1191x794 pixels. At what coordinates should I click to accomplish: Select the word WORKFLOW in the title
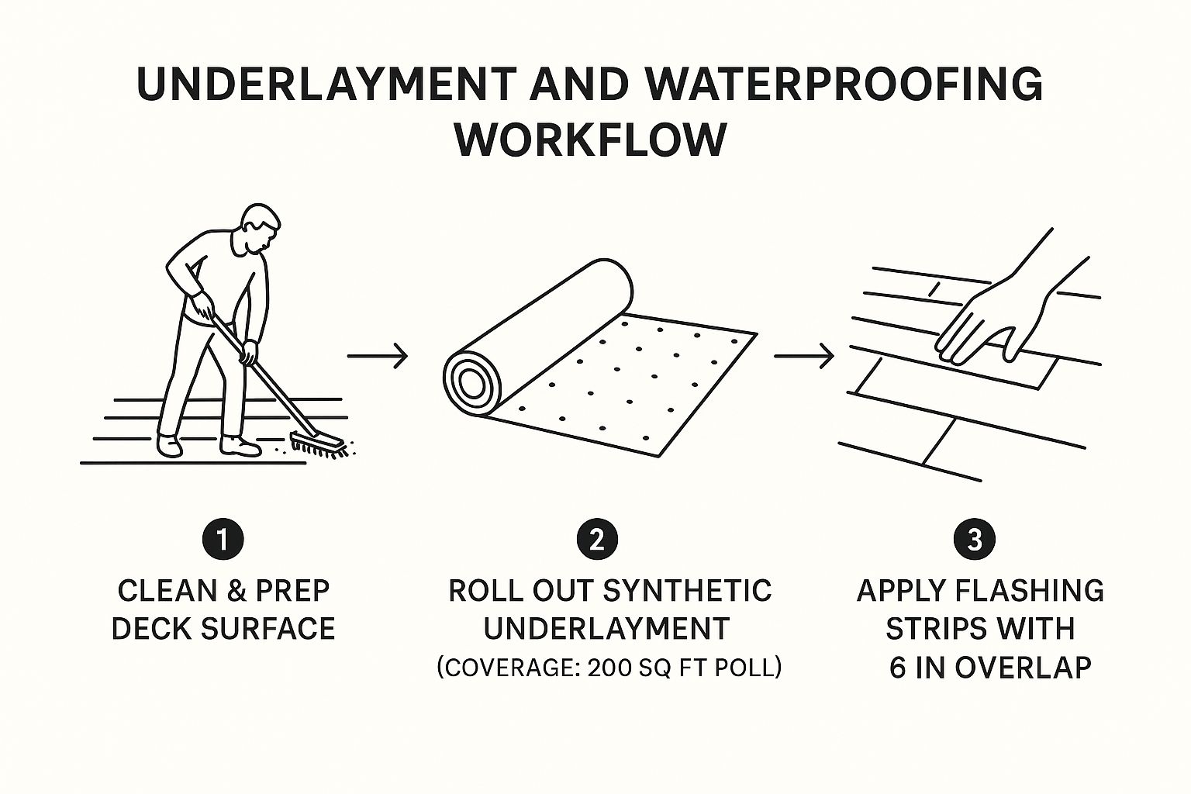(591, 140)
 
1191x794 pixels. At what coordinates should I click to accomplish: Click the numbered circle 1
(223, 539)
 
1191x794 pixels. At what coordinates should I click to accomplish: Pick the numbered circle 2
(597, 539)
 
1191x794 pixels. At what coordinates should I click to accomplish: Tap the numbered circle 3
(975, 539)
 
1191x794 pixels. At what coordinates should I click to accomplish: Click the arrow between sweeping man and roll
(378, 355)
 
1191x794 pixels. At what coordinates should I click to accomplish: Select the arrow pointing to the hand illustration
(804, 355)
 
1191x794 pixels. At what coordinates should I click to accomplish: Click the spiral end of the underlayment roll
(472, 382)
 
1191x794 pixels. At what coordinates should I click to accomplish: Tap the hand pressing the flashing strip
(999, 314)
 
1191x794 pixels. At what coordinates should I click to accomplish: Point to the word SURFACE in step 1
(268, 629)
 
